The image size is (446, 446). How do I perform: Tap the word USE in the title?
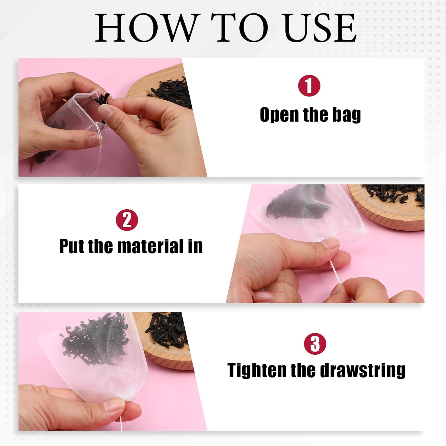320,27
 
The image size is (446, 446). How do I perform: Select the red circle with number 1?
309,86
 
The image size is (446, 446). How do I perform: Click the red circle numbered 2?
127,220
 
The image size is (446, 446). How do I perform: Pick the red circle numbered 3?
315,344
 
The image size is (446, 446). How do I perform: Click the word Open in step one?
279,115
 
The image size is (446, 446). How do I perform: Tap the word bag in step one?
346,115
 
